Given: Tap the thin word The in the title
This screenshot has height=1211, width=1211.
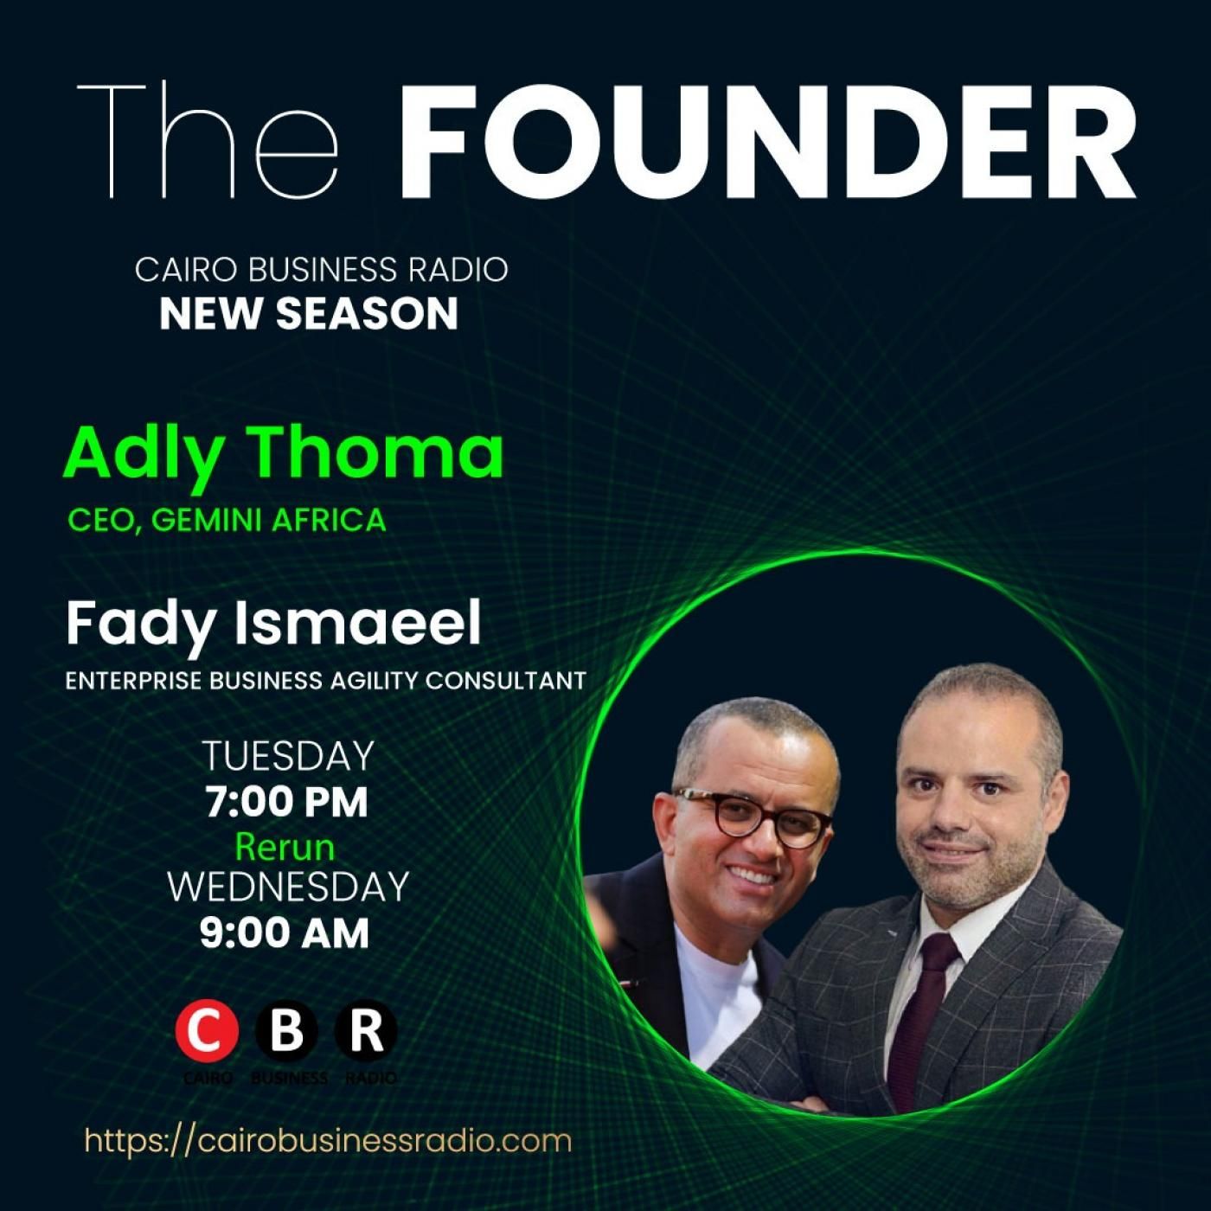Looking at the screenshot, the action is (x=208, y=139).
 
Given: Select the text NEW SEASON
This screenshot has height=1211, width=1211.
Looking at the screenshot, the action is (x=309, y=314).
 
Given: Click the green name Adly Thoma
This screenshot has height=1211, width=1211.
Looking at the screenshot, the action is (x=284, y=456).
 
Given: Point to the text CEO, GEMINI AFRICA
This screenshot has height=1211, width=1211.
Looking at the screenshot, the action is (x=227, y=521).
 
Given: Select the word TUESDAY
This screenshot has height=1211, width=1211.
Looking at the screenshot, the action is (x=288, y=756).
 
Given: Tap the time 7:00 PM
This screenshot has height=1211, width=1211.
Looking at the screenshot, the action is (x=286, y=801).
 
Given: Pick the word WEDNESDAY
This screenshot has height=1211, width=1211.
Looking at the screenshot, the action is (x=288, y=887).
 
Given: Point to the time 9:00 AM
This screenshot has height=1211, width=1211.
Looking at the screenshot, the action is (x=285, y=933).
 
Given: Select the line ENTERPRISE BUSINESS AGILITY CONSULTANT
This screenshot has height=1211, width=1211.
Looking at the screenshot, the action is (x=325, y=681).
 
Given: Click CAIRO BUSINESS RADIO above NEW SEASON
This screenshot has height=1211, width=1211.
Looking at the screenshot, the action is (x=321, y=270).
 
